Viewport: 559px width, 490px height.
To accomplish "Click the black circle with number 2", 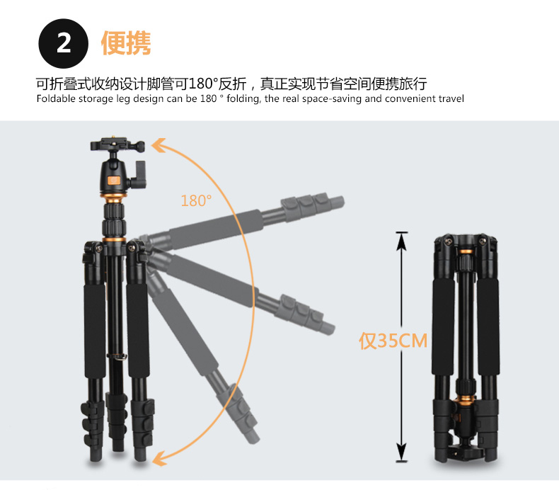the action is pos(63,43).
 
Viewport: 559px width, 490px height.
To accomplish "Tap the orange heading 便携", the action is pos(126,43).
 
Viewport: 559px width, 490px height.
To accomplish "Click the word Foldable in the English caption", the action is pos(56,98).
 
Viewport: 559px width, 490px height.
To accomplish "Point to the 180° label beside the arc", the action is pos(196,201).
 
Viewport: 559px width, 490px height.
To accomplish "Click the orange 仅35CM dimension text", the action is pos(393,341).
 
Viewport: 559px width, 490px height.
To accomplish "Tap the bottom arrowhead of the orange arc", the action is pos(159,458).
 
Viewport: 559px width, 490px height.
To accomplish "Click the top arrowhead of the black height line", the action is pos(402,240).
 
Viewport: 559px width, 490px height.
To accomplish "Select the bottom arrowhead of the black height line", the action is pos(402,452).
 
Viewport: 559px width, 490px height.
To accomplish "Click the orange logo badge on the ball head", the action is pos(114,181).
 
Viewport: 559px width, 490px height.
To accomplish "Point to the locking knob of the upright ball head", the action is pos(140,174).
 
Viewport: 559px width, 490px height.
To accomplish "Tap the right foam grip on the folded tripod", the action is pos(488,326).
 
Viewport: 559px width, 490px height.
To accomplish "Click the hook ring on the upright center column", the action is pos(117,356).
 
